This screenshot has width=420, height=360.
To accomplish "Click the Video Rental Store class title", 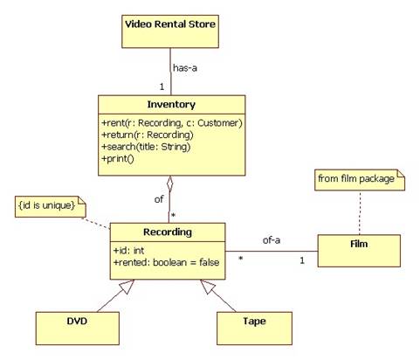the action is click(170, 24).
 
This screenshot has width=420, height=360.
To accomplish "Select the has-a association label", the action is click(185, 68).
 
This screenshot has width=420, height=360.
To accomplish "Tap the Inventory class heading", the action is click(171, 104).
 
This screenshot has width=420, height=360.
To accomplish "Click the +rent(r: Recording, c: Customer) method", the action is click(172, 123).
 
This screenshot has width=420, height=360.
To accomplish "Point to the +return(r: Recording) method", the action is click(148, 135).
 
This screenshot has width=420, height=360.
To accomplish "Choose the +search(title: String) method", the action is click(146, 147).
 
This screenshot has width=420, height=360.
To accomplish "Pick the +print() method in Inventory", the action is click(118, 159).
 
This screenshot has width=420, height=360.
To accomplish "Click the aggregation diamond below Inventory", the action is click(169, 183).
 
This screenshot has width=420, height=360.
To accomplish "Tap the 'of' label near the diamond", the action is click(159, 199).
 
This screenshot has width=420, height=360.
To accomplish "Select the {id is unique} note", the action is click(51, 206).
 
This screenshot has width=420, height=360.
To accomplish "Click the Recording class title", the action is click(168, 232).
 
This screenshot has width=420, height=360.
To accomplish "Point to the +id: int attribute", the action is click(128, 251).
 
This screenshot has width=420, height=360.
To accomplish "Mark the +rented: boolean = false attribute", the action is click(166, 262).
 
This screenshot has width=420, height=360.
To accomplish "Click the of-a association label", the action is click(272, 240).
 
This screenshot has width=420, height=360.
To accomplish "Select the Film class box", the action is click(359, 251).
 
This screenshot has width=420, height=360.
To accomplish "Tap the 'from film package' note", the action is click(360, 180).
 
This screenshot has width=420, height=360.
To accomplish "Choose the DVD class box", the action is click(78, 329).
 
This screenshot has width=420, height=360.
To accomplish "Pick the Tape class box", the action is click(254, 329).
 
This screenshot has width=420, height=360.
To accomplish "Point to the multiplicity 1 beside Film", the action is click(302, 260).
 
